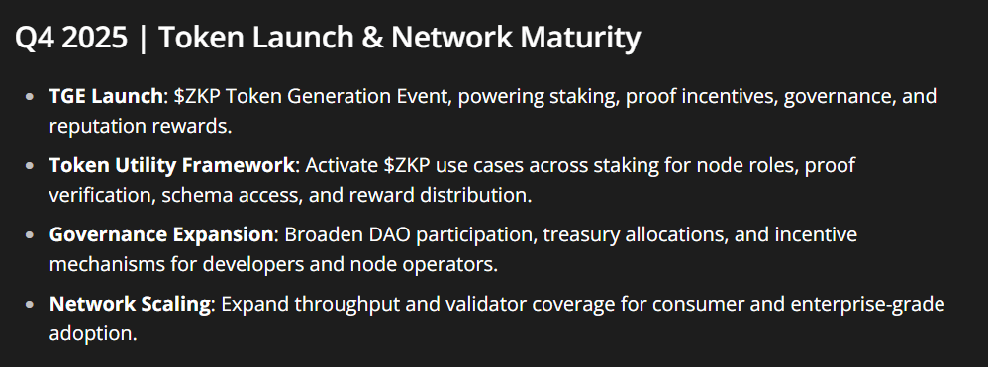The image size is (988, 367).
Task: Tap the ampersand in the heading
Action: (372, 39)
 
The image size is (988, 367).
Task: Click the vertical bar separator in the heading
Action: (143, 39)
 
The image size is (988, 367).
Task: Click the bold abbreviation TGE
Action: (67, 96)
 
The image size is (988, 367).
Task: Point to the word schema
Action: (192, 195)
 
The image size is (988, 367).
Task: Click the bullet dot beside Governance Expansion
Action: (29, 234)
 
